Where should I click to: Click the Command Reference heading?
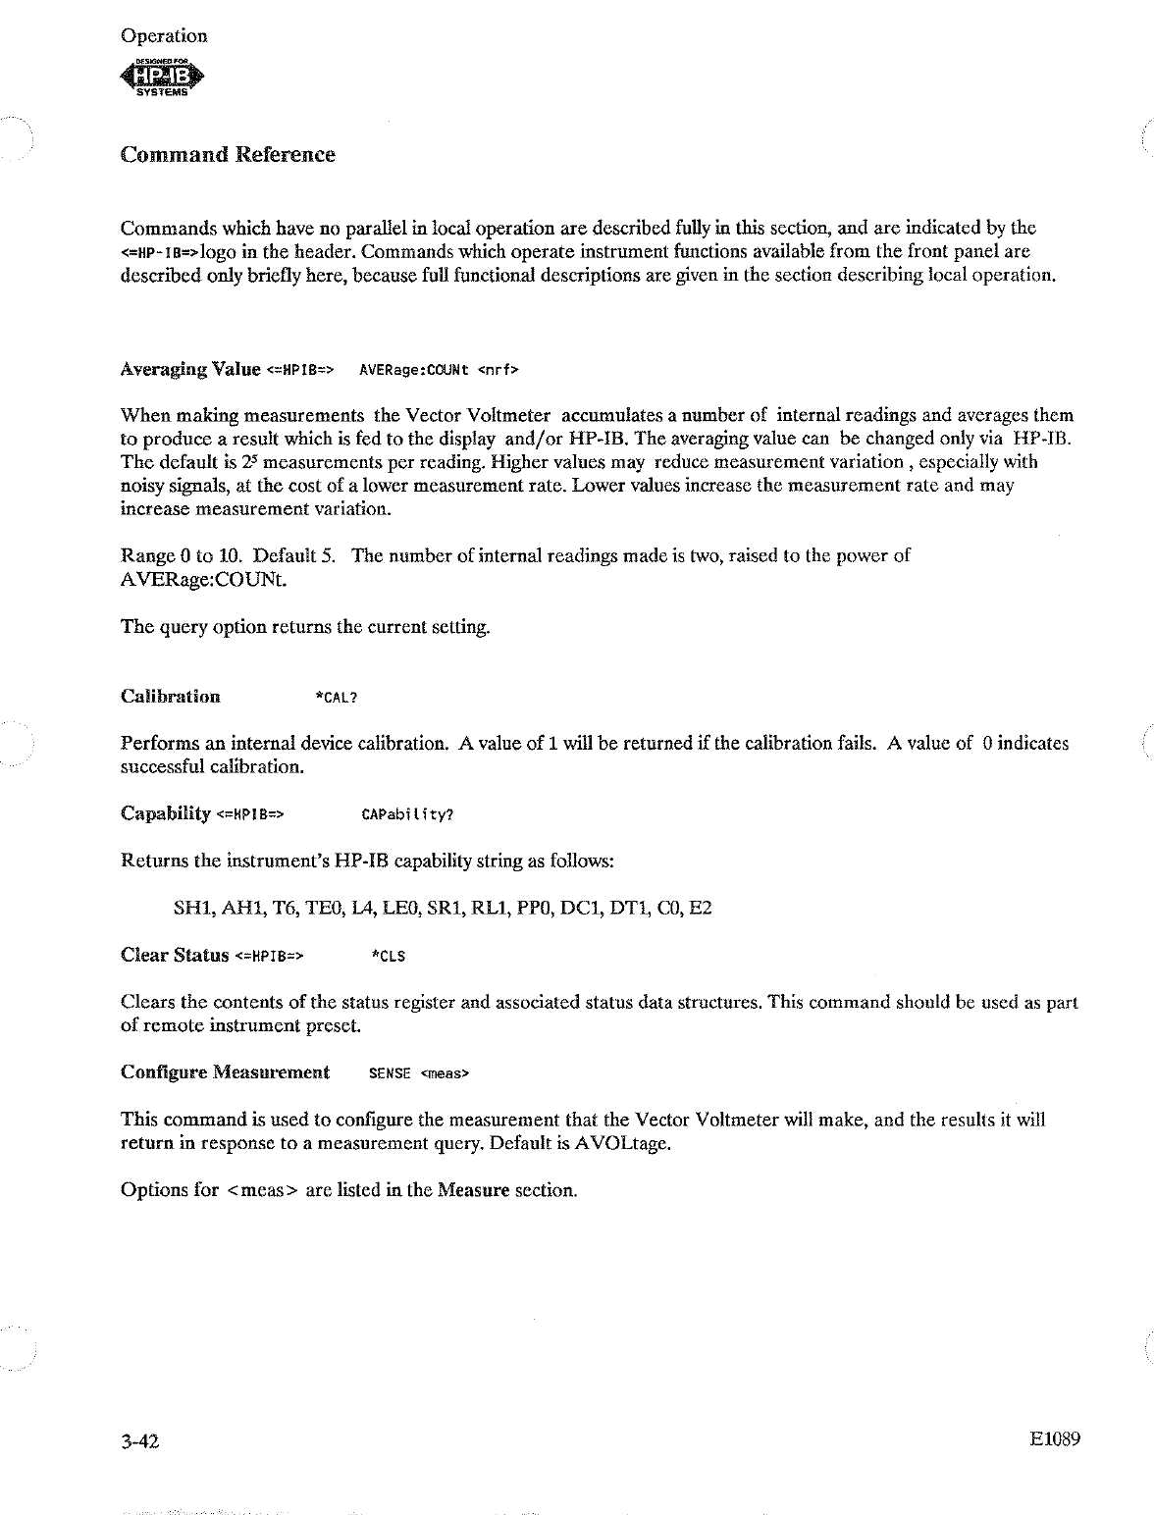[228, 155]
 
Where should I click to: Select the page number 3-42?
[139, 1441]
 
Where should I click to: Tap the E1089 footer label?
[1055, 1440]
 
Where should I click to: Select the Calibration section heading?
[170, 697]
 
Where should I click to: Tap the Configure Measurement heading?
[225, 1072]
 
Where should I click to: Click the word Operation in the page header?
[164, 36]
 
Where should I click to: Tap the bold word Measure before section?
[473, 1190]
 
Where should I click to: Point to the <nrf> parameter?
[498, 371]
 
